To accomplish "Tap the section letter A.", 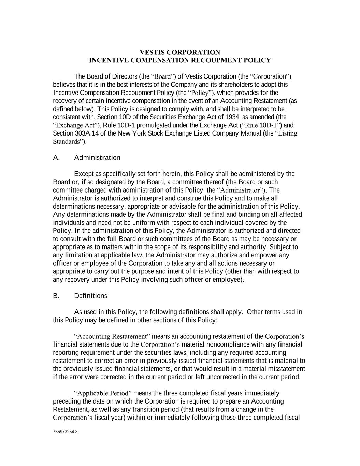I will tap(56, 158).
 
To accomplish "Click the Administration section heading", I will tap(97, 158).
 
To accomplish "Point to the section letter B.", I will tap(56, 296).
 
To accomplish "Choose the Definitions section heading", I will tap(90, 296).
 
